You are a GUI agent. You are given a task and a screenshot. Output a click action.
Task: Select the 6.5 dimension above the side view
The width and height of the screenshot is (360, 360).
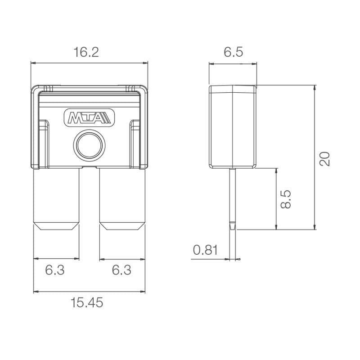233,53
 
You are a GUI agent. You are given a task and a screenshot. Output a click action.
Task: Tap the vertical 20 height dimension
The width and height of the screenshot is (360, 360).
324,158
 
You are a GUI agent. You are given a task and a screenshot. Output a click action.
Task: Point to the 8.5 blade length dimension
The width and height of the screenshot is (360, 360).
285,198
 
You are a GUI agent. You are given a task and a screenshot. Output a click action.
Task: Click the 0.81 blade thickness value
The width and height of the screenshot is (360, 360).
205,250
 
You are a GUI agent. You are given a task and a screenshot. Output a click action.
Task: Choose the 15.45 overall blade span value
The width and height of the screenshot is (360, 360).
87,303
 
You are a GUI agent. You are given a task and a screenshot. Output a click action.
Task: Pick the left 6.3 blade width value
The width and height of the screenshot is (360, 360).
55,270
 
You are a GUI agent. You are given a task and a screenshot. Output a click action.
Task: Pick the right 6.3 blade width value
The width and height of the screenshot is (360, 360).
121,270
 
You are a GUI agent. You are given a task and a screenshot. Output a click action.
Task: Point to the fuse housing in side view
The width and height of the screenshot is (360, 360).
233,126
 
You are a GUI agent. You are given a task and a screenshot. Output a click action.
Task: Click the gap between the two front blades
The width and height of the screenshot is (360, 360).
90,202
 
